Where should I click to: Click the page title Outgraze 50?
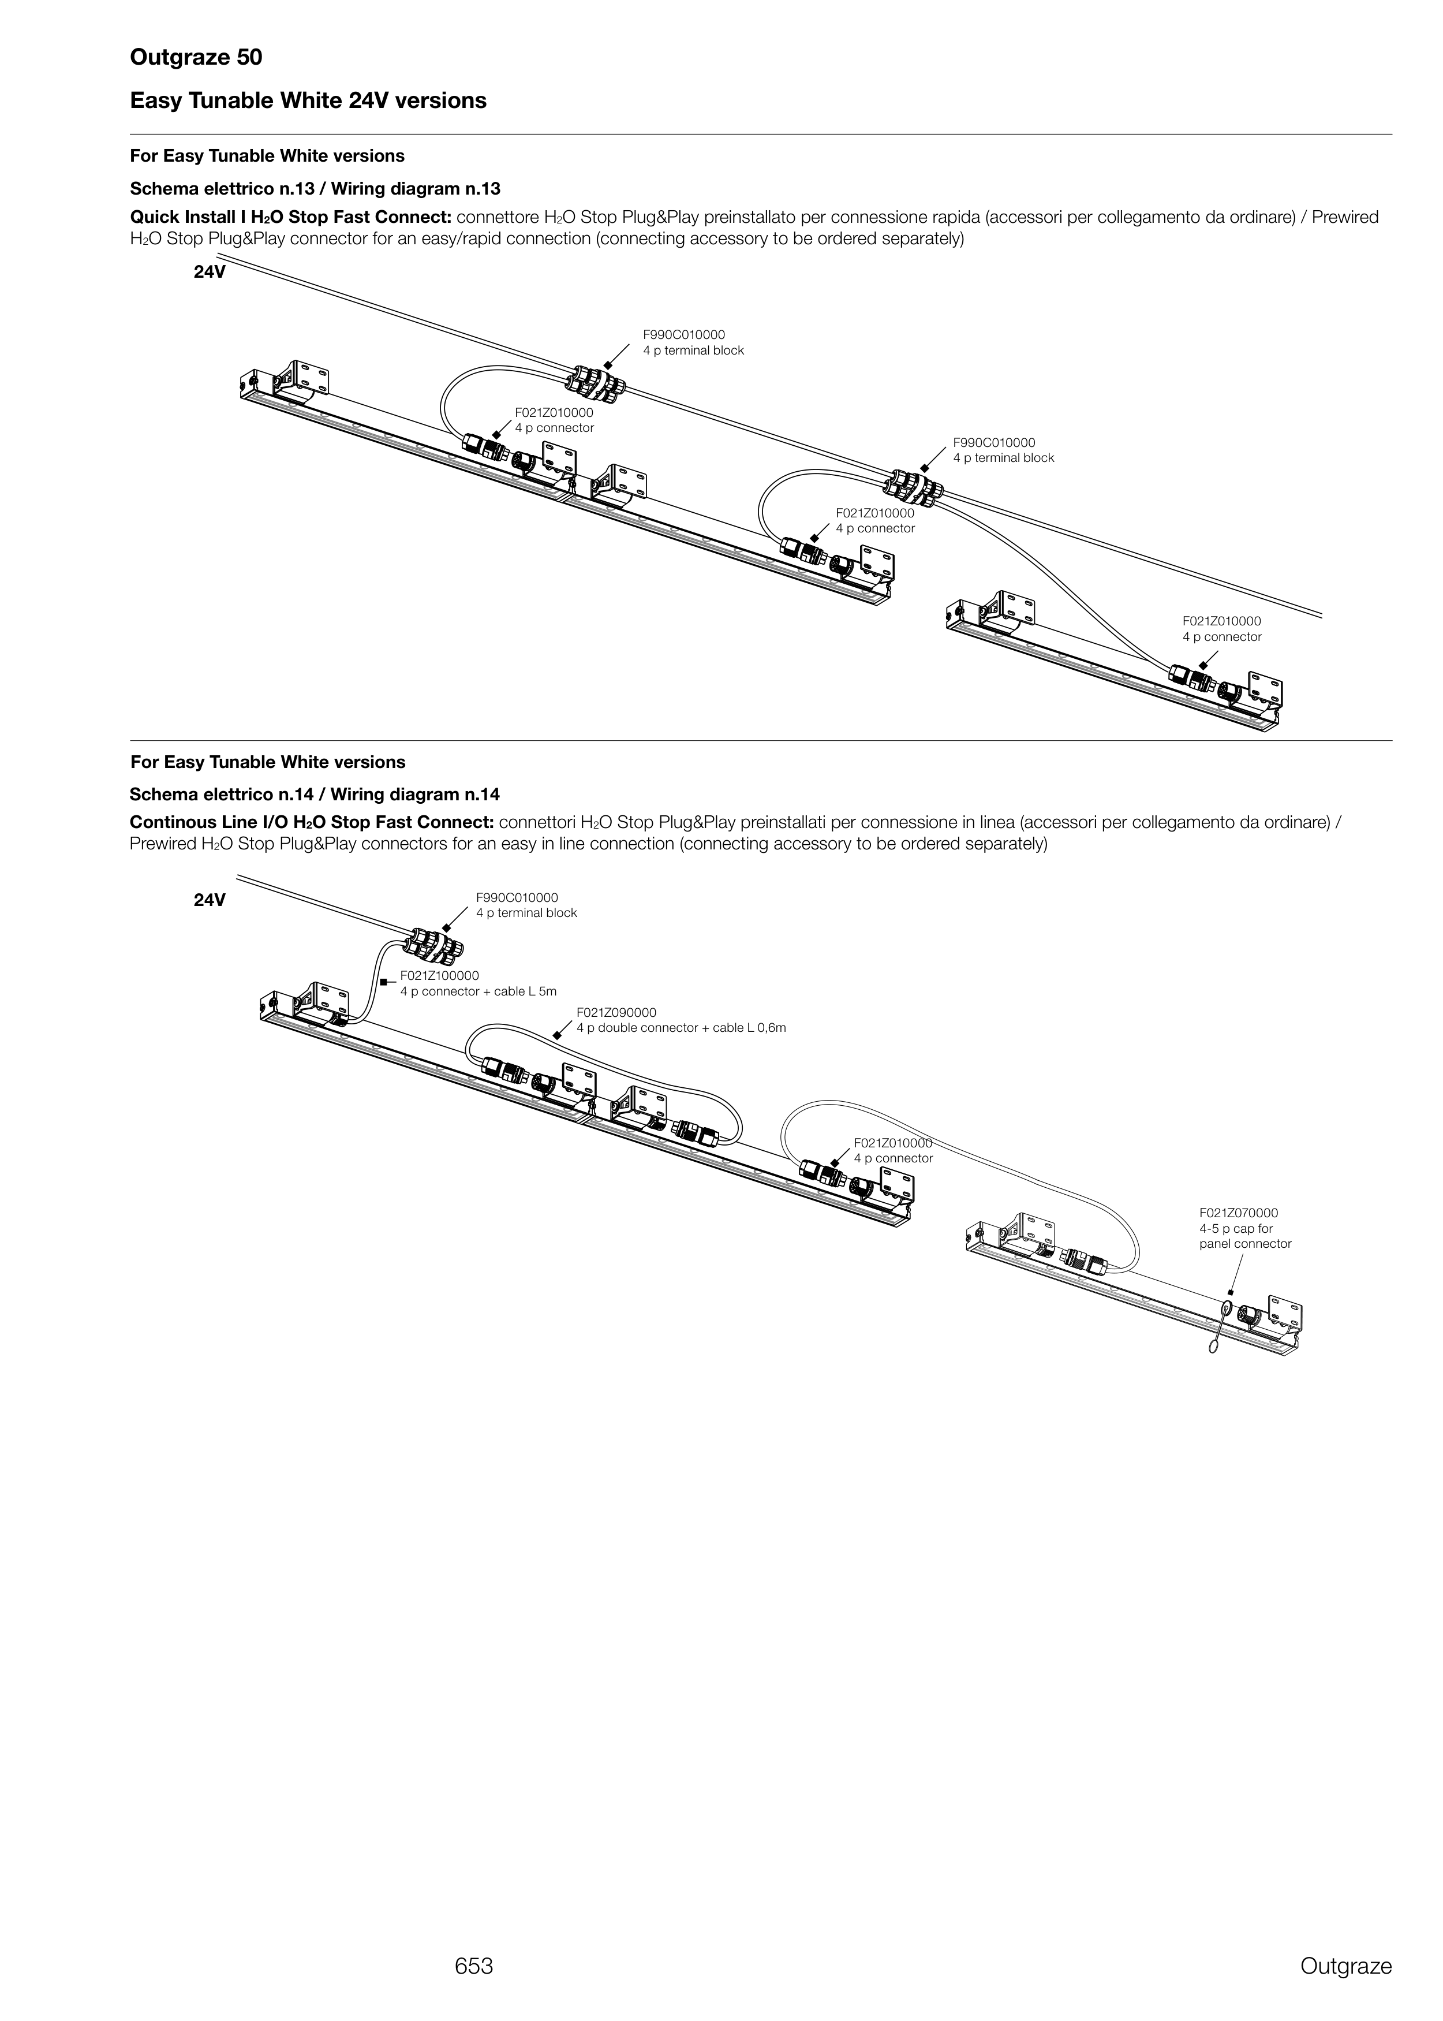click(196, 58)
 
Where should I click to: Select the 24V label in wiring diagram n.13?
click(210, 272)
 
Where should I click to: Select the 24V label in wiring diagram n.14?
click(210, 900)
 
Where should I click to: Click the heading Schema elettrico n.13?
click(225, 188)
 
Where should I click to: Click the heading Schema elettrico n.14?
click(225, 793)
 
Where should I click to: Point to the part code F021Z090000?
click(616, 1012)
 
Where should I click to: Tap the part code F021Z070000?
click(1239, 1212)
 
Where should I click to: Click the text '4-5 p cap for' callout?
click(1236, 1228)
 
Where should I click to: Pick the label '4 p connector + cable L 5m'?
click(478, 991)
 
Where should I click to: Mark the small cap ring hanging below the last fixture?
click(1211, 1347)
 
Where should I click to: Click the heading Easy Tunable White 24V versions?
click(308, 100)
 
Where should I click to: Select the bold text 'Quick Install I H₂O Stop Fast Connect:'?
click(291, 218)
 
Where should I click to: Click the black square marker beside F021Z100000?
click(383, 982)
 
